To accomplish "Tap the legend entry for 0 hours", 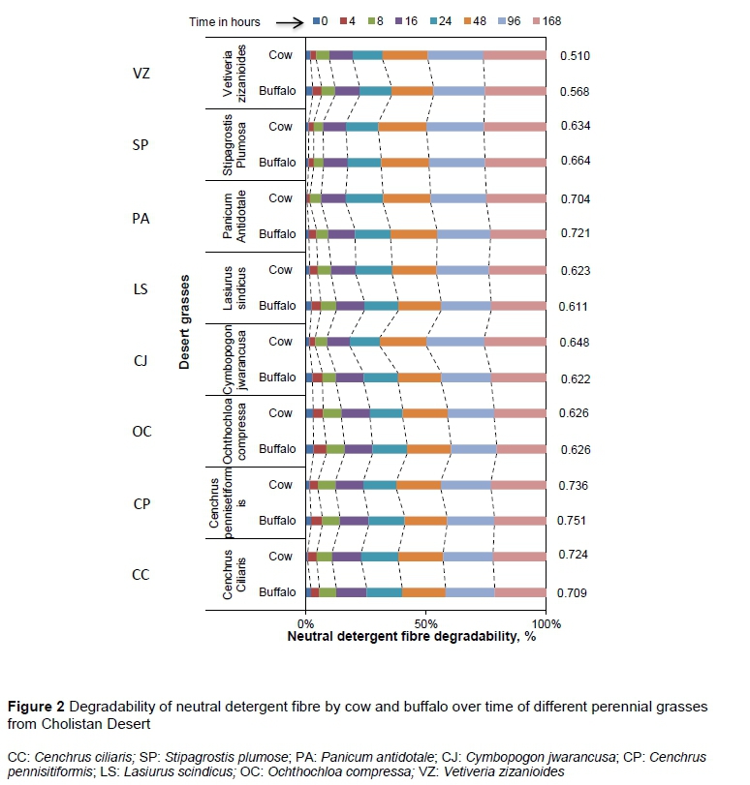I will pos(323,20).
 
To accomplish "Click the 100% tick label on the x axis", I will pos(547,622).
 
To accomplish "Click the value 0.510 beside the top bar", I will pos(575,56).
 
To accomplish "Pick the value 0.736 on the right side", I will pos(575,484).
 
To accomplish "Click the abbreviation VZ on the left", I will pos(141,74).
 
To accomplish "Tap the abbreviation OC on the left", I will pos(141,431).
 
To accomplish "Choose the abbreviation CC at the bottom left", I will pos(141,574).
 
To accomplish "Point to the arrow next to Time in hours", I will pos(285,20).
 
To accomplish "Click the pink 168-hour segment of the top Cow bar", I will pos(515,55).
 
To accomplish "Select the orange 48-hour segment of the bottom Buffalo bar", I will pos(422,591).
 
